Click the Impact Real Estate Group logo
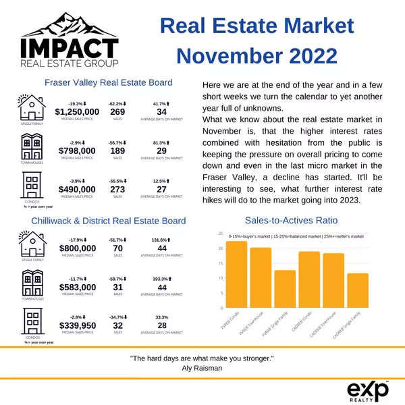(70, 40)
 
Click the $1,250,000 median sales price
(77, 112)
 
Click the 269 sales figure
(117, 112)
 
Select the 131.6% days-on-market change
(161, 240)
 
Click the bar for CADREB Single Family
(358, 291)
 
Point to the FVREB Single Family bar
(285, 290)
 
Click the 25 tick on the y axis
(221, 234)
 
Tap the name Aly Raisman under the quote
(202, 368)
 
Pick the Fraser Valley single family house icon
(32, 109)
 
